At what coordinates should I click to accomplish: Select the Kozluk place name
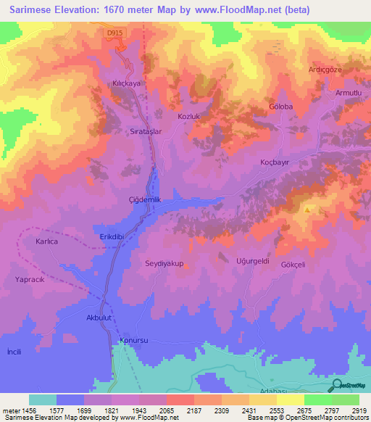pos(188,116)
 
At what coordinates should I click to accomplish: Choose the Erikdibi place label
pos(113,237)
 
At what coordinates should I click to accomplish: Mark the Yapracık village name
pos(30,278)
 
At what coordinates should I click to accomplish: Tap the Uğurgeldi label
pos(253,260)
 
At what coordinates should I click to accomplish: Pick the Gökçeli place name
pos(293,265)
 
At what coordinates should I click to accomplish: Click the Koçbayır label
pos(275,163)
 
